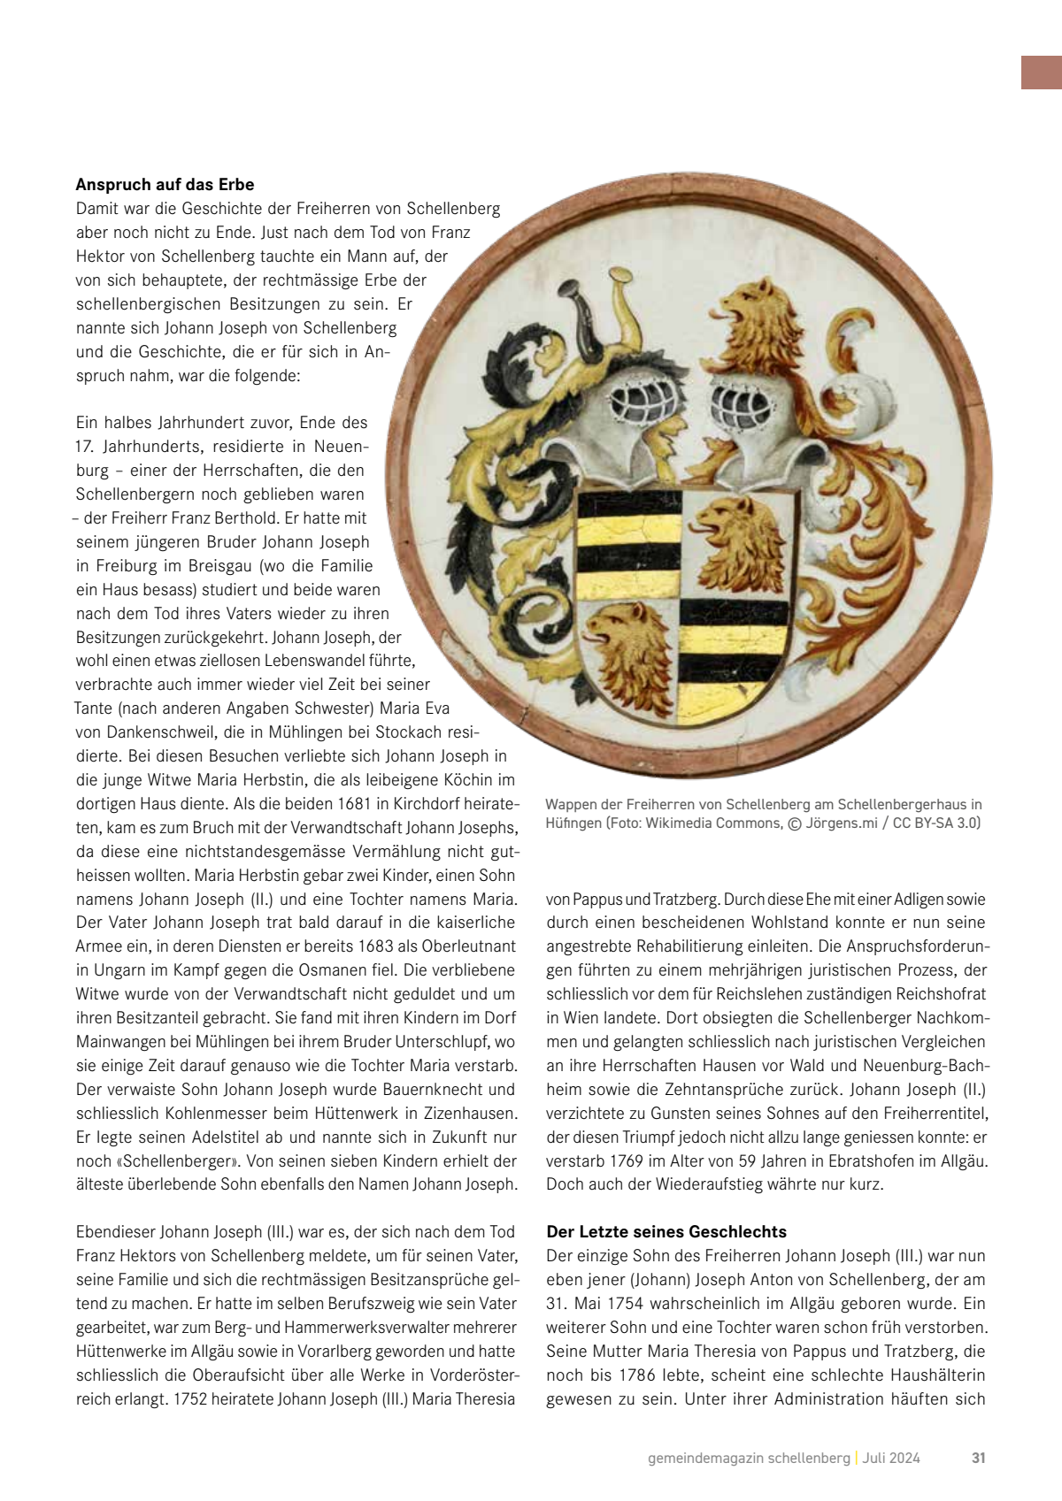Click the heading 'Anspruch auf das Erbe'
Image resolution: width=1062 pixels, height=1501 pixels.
point(165,185)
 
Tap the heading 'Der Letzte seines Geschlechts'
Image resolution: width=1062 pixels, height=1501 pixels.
point(666,1231)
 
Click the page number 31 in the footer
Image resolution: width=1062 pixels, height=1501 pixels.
point(978,1458)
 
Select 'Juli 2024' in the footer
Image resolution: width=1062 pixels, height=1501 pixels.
point(891,1458)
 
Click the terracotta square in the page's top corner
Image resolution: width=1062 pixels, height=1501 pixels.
point(1041,73)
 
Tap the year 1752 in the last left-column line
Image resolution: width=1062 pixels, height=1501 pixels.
point(189,1398)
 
